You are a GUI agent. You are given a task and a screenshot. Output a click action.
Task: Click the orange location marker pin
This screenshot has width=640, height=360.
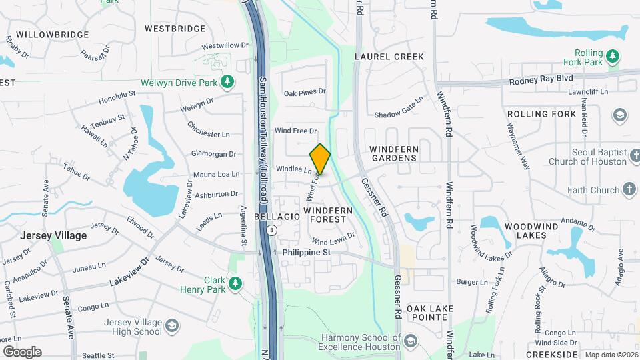[320, 159]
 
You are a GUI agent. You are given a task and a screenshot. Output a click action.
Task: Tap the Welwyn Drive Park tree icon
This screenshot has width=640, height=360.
[227, 81]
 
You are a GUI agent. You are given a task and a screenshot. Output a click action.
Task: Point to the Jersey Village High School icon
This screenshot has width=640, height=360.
[172, 326]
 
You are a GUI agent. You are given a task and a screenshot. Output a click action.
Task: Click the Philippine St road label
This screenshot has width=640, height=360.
[307, 253]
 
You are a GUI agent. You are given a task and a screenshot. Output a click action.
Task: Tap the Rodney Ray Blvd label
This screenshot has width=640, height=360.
[541, 79]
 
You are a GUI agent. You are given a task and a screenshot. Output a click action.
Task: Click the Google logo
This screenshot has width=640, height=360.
[22, 351]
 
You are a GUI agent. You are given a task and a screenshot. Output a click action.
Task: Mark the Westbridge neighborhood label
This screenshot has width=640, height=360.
[175, 29]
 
